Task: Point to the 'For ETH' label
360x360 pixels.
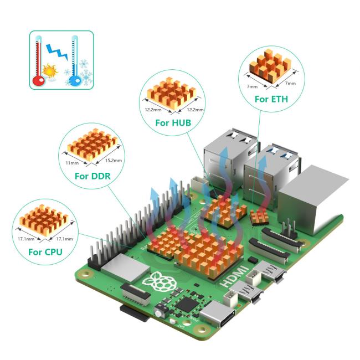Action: [x=271, y=99]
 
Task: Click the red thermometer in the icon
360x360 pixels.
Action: [x=39, y=61]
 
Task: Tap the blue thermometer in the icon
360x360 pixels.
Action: [x=75, y=61]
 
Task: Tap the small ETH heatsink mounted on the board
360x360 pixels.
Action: [x=258, y=216]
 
